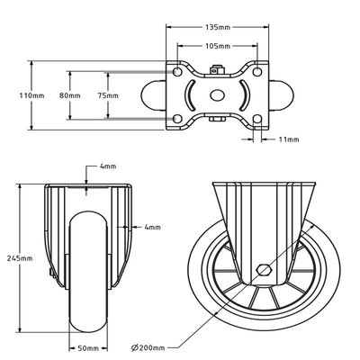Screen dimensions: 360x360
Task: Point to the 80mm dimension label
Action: (69, 94)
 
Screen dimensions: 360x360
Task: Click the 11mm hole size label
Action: (289, 139)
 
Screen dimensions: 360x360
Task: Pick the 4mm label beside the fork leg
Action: (152, 227)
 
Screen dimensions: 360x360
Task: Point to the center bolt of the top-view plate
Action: (216, 96)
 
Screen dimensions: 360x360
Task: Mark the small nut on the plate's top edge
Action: (216, 67)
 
